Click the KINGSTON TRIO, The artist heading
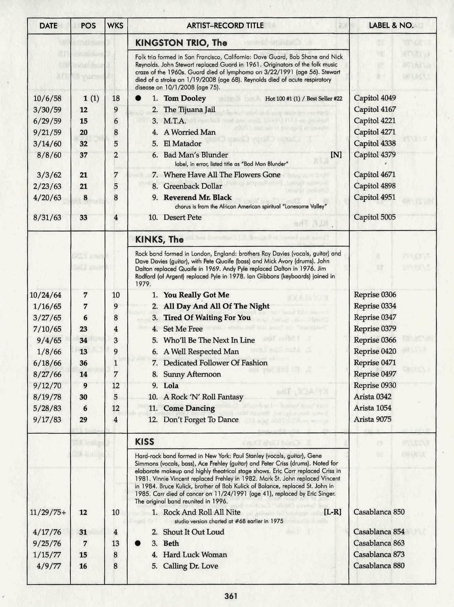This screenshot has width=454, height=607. pos(181,43)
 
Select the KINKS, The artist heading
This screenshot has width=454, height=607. pos(159,239)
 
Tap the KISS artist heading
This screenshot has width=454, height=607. pos(145,442)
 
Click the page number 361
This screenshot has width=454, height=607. pos(231,596)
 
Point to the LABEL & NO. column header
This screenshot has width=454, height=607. pos(391,26)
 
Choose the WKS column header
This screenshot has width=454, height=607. pos(115,26)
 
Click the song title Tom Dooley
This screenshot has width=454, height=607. pos(185,98)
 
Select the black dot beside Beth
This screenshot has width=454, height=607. pos(138,543)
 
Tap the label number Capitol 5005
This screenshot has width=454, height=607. pos(375,217)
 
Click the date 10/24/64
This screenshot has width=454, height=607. pos(46,295)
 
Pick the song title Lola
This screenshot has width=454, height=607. pos(171,385)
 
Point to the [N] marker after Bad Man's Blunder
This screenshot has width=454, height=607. pos(336,155)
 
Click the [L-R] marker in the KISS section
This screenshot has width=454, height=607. pos(333,512)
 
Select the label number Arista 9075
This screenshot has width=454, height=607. pos(372,419)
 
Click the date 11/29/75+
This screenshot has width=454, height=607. pos(48,512)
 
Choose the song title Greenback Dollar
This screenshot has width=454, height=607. pos(193,186)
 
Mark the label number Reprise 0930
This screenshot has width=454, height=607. pos(375,385)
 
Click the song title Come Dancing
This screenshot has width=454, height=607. pos(189,408)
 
